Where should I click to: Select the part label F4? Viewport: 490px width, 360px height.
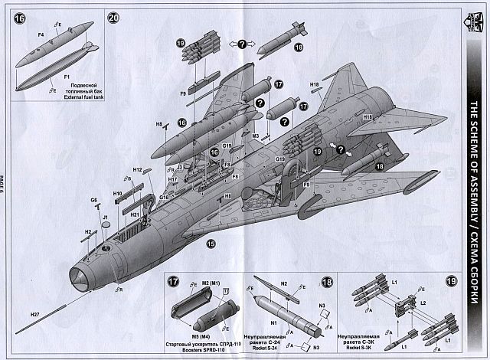(41, 34)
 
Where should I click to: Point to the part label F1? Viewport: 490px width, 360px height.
(67, 78)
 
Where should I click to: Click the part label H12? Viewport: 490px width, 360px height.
(137, 170)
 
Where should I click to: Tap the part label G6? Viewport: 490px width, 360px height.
(94, 200)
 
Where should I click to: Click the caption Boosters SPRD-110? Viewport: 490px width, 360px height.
(201, 349)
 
